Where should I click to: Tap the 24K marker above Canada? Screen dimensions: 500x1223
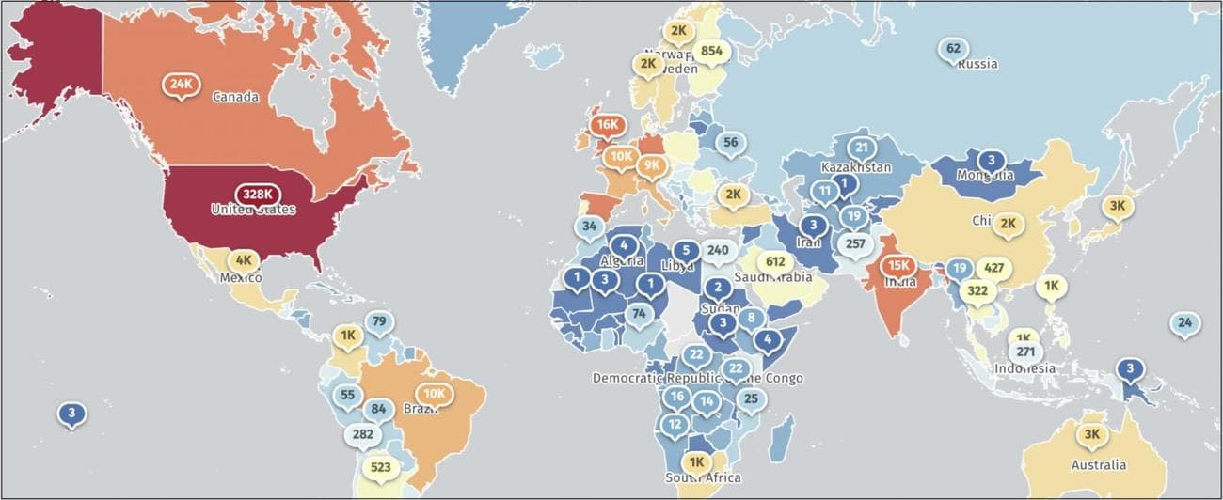coord(180,84)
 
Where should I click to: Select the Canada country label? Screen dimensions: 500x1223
coord(235,97)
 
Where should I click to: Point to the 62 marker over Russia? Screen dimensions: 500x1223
coord(953,49)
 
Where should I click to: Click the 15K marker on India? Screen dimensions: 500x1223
coord(898,265)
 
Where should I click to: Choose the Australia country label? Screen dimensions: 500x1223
coord(1098,465)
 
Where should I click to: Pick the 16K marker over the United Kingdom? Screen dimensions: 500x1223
coord(607,124)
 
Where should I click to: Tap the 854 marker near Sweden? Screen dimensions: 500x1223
coord(711,51)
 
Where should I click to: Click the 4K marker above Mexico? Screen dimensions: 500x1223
coord(244,259)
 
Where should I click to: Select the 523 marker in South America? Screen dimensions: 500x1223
coord(381,467)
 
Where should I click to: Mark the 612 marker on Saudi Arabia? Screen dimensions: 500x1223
coord(776,261)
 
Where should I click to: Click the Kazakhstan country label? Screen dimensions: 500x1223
coord(855,167)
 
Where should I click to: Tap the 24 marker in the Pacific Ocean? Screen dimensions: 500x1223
coord(1185,323)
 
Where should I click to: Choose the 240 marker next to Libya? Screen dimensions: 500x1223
coord(718,250)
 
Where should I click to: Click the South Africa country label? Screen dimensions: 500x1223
coord(703,477)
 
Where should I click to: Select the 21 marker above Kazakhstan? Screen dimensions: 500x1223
coord(861,147)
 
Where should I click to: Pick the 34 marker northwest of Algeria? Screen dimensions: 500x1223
coord(589,226)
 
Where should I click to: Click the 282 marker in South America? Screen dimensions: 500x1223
coord(362,434)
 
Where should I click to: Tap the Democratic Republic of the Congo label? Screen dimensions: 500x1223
coord(697,378)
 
